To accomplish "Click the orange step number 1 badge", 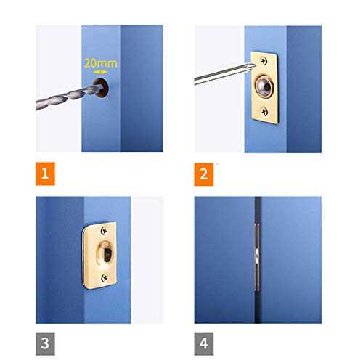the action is (45, 174).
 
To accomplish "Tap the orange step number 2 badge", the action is (204, 174).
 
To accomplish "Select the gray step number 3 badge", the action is (45, 343).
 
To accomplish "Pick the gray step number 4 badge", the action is (204, 343).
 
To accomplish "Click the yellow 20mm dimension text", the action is (101, 63).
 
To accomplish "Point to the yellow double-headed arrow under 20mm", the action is (100, 72).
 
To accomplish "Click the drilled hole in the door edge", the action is (101, 88).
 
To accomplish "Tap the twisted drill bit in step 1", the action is (69, 97).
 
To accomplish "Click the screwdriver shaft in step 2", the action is (224, 73).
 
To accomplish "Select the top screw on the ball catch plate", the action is (264, 61).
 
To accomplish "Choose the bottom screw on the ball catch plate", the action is (264, 112).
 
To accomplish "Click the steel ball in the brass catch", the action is (264, 86).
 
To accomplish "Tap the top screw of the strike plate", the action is (104, 231).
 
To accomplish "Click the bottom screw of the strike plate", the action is (105, 278).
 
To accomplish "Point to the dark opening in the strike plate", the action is (107, 255).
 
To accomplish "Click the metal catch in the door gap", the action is (257, 256).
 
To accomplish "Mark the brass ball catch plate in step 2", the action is (264, 88).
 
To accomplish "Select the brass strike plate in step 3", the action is (99, 256).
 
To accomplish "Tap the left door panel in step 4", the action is (224, 260).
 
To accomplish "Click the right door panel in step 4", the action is (291, 260).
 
